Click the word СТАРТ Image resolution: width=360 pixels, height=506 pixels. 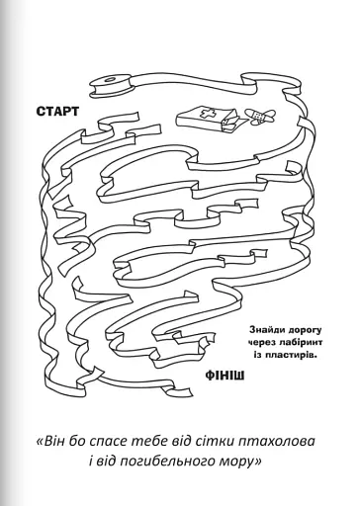pos(57,112)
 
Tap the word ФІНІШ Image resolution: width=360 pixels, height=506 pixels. pos(225,376)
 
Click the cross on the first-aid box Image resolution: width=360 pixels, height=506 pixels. pos(208,114)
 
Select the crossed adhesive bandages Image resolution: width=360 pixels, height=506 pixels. pos(260,116)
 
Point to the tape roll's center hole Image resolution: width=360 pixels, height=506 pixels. pos(109,80)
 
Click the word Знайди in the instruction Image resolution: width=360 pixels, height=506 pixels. pos(266,330)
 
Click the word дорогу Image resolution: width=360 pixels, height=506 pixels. pos(303,330)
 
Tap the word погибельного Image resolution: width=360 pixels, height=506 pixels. pos(166,462)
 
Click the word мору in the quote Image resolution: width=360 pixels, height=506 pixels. pos(234,463)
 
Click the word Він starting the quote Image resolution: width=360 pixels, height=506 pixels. pos(52,441)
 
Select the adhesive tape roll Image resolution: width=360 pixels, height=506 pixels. pos(112,86)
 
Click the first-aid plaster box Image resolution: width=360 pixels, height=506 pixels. pos(210,121)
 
